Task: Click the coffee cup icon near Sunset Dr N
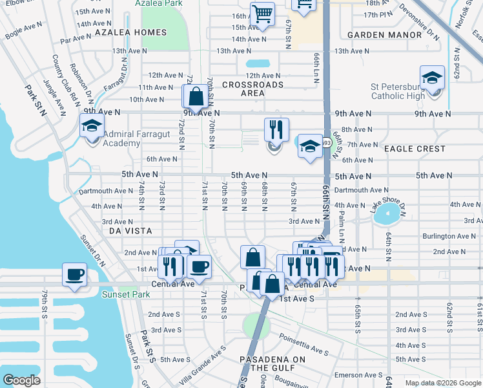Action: pyautogui.click(x=74, y=274)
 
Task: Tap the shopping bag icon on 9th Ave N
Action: pyautogui.click(x=195, y=98)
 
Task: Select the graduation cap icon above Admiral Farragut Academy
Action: pyautogui.click(x=92, y=125)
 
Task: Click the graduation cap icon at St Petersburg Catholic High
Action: pyautogui.click(x=432, y=78)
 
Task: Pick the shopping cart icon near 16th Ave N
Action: pyautogui.click(x=262, y=14)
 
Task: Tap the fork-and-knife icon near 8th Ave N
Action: pyautogui.click(x=276, y=129)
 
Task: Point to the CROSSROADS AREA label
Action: pyautogui.click(x=252, y=89)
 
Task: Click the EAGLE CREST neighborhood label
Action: pyautogui.click(x=415, y=149)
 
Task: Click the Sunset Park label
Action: pyautogui.click(x=126, y=295)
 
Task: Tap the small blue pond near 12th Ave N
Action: pyautogui.click(x=258, y=64)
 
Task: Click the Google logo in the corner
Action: pyautogui.click(x=21, y=380)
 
